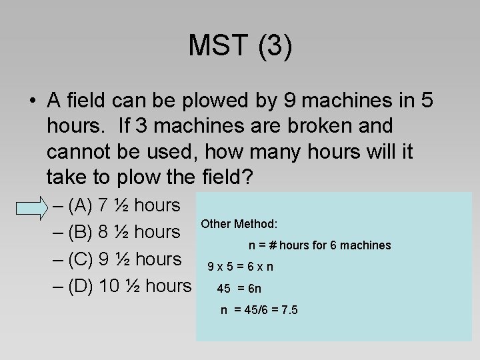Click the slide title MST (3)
[240, 46]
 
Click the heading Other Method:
[239, 225]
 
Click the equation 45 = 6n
[239, 289]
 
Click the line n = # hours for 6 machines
[320, 245]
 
